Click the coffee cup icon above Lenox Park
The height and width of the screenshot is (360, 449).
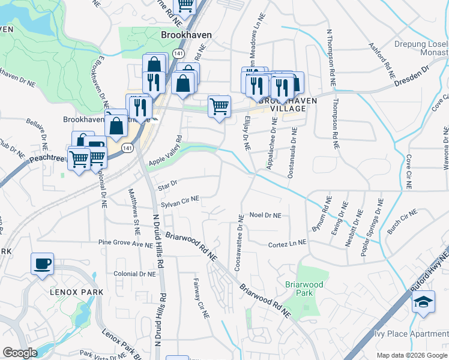(x=42, y=264)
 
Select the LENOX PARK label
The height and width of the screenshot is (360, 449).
(x=77, y=292)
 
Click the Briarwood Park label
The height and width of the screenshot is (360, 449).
(x=304, y=289)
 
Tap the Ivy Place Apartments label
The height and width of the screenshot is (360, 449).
(x=414, y=334)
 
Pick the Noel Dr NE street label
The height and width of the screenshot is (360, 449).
(x=265, y=215)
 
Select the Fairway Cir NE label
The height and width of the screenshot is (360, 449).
(x=200, y=298)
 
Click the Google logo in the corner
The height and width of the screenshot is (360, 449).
(x=20, y=353)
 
